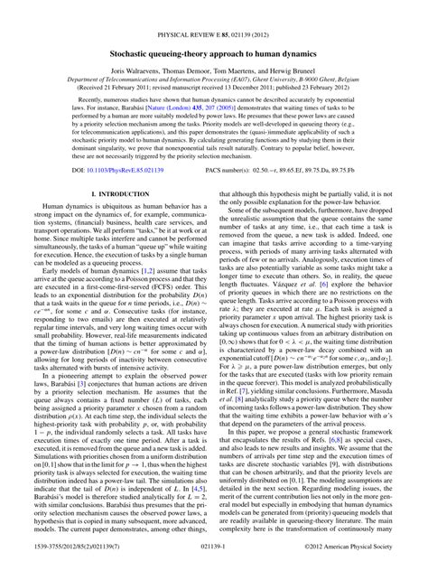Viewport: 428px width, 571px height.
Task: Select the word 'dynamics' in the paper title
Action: point(298,28)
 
